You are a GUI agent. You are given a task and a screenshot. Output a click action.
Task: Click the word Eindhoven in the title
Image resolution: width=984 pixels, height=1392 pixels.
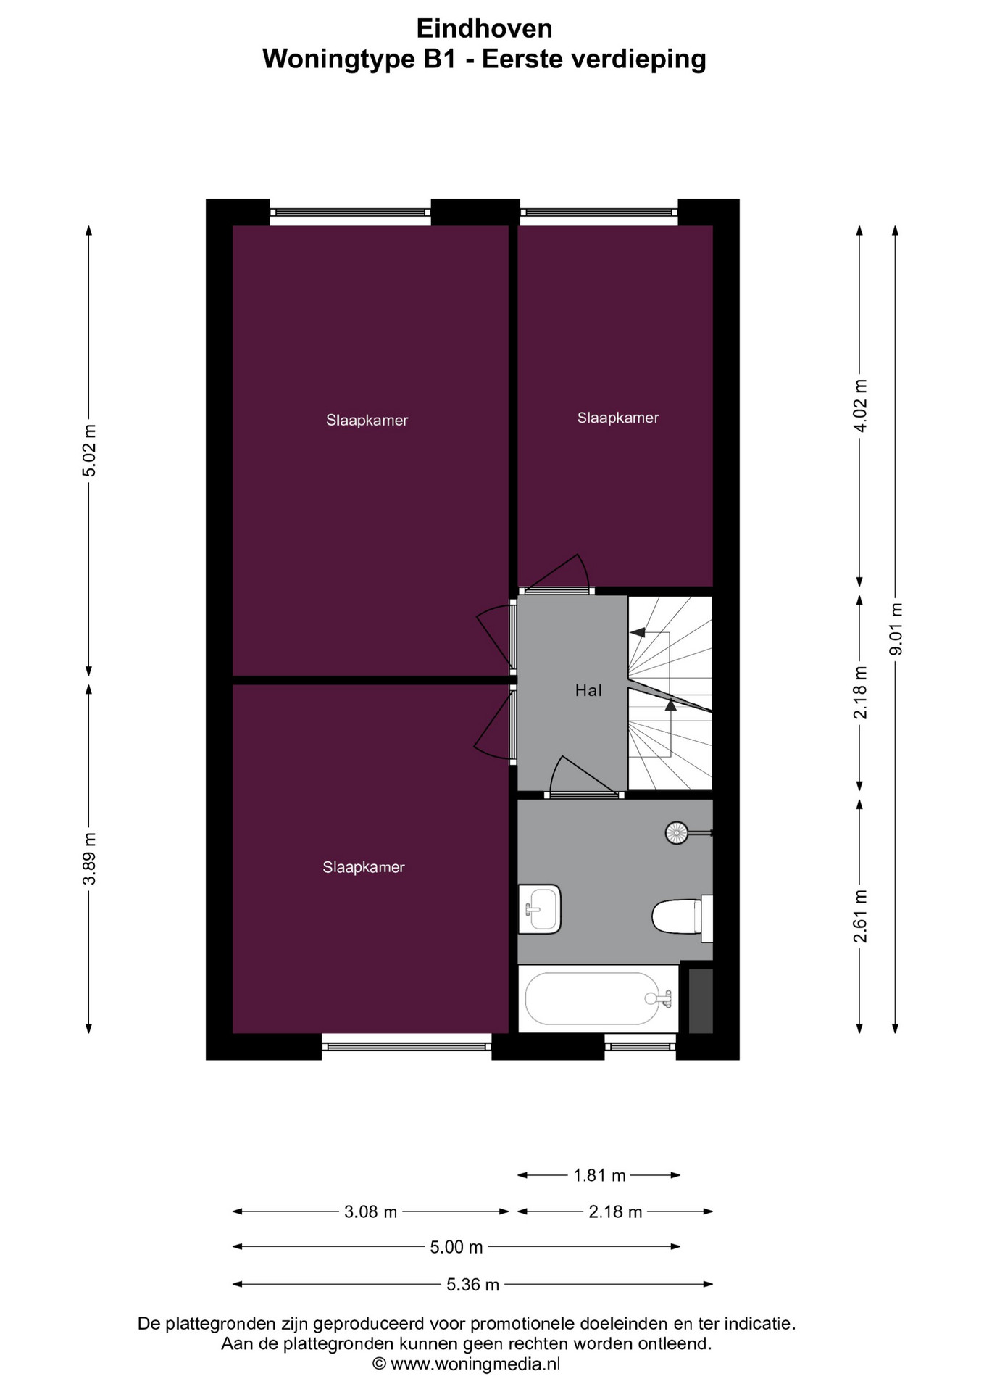pos(484,28)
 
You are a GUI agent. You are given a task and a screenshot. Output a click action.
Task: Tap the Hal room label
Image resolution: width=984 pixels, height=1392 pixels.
pos(588,690)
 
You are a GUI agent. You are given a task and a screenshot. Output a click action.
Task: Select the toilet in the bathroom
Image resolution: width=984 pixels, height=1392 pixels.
pos(682,917)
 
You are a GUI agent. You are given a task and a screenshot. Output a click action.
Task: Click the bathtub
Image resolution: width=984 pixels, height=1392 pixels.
pos(598,998)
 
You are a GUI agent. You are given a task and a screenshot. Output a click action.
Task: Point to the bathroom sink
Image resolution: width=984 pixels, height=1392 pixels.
pos(540,909)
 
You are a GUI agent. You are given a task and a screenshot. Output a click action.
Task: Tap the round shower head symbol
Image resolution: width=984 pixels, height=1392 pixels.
pos(677,833)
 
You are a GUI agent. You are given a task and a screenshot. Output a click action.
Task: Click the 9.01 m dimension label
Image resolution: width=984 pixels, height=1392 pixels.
pos(896,629)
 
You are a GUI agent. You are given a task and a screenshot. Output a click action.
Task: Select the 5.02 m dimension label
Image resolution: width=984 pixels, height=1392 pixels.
pos(89,450)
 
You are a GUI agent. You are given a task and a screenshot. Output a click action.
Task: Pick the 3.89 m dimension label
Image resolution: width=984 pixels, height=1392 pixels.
pos(89,858)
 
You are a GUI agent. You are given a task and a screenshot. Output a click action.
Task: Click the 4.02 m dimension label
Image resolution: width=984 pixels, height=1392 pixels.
pos(860,405)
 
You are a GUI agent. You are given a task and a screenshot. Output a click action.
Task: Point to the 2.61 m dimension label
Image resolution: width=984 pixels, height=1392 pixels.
pos(860,916)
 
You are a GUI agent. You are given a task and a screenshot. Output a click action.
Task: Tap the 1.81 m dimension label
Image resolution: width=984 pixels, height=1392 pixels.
pos(599,1175)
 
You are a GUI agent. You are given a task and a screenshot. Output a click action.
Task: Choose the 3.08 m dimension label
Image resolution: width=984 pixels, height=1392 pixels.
pos(370,1211)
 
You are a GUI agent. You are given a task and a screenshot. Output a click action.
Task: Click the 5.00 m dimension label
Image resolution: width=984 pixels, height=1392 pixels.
pos(456,1246)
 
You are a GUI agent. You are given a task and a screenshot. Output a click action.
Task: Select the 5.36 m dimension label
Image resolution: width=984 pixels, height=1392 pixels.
pos(472,1284)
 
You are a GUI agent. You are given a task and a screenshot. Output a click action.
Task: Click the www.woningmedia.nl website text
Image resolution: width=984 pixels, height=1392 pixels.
pos(475,1364)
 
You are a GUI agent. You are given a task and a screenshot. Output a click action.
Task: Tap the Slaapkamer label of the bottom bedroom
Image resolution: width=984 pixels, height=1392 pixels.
pos(364,867)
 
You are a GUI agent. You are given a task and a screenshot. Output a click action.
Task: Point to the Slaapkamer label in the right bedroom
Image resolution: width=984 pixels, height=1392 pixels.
pos(618,418)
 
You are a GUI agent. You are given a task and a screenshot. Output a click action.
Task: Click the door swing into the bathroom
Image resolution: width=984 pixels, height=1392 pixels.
pos(583,776)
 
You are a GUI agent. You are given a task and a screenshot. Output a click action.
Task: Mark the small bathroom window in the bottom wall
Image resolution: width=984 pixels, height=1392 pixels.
pos(641,1046)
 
